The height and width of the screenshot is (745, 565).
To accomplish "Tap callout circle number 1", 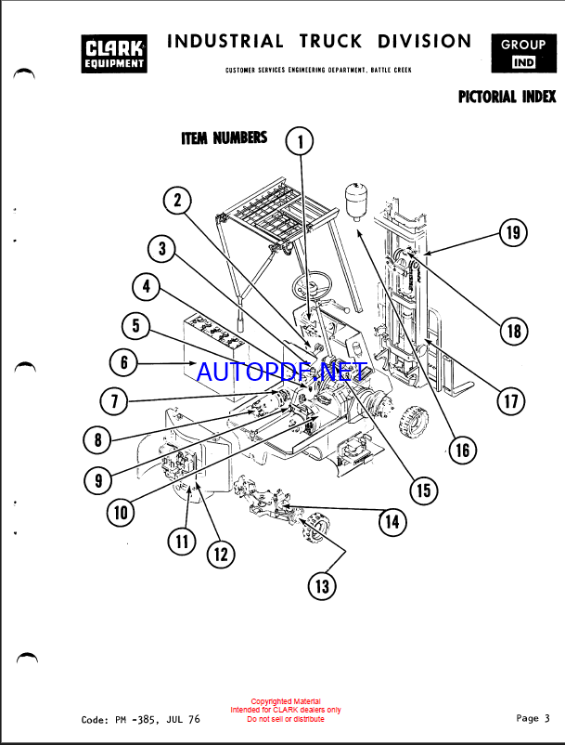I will tap(299, 141).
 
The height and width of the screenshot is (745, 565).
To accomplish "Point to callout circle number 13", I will tap(322, 585).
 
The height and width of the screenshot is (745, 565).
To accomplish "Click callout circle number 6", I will tap(124, 361).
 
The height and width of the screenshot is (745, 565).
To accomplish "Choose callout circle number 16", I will tap(461, 451).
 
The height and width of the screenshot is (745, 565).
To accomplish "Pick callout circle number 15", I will tap(423, 490).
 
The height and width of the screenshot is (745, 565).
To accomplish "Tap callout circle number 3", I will tap(162, 248).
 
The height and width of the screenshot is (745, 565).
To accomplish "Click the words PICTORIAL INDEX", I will tap(507, 97).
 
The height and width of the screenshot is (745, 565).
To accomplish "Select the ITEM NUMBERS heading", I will tap(224, 138).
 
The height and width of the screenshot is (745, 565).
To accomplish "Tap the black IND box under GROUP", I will tap(523, 62).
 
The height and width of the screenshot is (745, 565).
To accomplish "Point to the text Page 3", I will tap(533, 717).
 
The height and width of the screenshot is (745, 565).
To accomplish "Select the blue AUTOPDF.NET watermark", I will tap(280, 372).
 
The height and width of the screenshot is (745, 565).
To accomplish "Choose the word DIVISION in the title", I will tap(425, 42).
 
